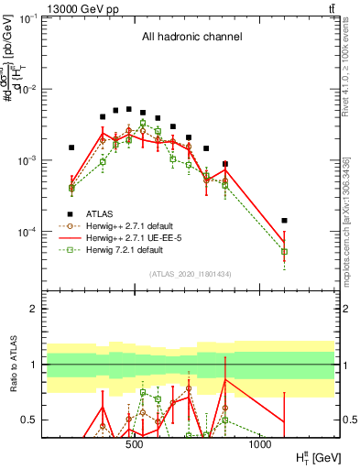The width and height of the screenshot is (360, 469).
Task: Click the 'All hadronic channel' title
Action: (191, 38)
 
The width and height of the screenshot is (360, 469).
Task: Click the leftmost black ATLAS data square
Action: (71, 147)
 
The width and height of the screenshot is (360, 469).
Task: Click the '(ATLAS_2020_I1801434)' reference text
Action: (189, 274)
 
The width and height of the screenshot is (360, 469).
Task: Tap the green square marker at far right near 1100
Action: (284, 251)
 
